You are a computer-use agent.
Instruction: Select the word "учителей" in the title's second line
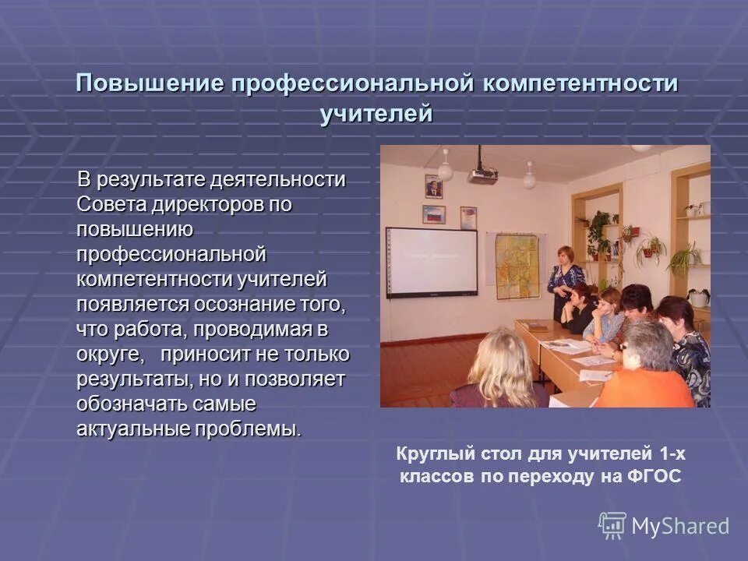[x=376, y=114]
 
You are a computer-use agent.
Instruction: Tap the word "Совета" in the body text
[x=104, y=204]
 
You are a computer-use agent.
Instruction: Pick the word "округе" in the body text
[x=108, y=354]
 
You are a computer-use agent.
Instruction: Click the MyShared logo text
[x=679, y=526]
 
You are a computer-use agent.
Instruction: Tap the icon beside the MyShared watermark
[x=612, y=525]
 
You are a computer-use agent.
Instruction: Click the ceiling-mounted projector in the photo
[x=483, y=175]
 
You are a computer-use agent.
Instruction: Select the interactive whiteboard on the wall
[x=432, y=262]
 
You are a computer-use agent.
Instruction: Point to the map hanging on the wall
[x=517, y=265]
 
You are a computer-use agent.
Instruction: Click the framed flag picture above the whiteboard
[x=433, y=213]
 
